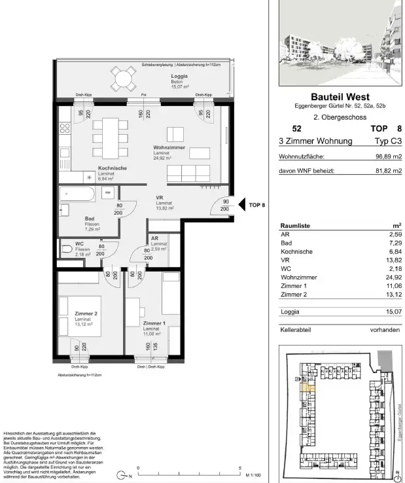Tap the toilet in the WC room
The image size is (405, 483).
point(66,249)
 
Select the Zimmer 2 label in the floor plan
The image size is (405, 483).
point(86,313)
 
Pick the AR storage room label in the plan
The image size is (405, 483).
point(155,239)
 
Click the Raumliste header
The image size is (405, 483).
point(296,224)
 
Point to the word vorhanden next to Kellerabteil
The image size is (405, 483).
point(384,331)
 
